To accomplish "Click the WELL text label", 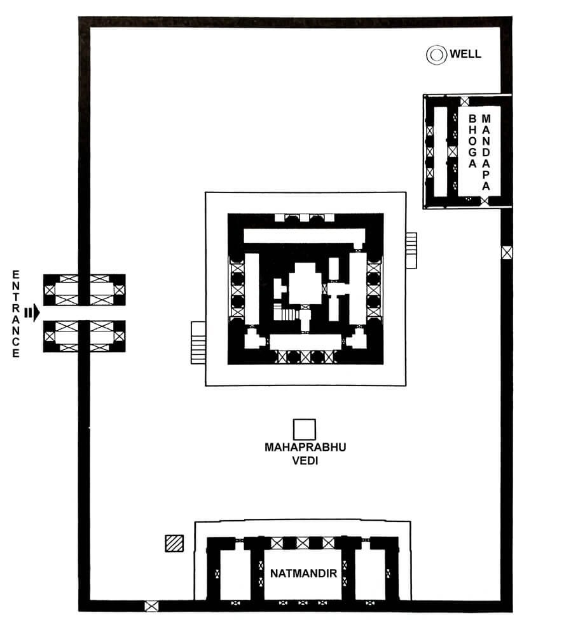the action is pos(465,54).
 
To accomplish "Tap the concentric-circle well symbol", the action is pos(436,55).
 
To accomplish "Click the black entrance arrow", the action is pos(32,312).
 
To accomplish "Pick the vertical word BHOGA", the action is pos(472,141).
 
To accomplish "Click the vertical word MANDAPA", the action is pos(486,152).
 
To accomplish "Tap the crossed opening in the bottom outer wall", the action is pos(151,606).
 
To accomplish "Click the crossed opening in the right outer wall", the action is pos(506,253).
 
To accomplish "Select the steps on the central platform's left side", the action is pos(198,342).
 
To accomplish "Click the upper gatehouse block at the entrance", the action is pos(84,290).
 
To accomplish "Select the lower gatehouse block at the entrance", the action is pos(84,336).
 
